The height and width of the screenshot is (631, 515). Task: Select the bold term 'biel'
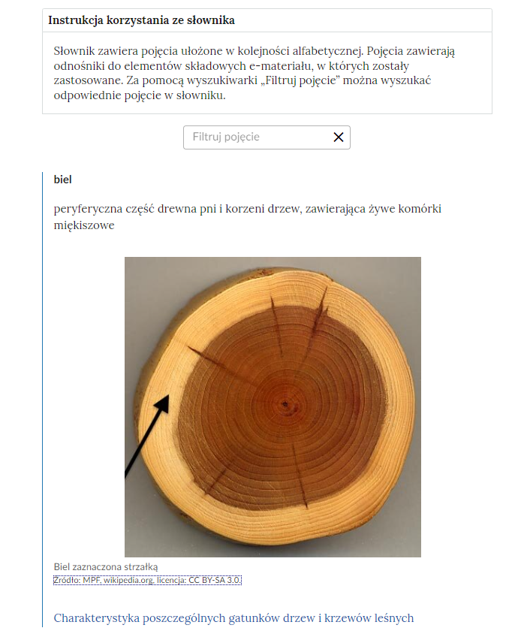[63, 180]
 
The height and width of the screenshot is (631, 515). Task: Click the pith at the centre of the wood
[286, 405]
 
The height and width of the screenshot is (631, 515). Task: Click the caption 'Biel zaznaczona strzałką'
[106, 566]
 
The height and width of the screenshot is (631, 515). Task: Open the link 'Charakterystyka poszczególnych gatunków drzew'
[233, 618]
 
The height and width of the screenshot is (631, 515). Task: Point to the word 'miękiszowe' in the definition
[84, 225]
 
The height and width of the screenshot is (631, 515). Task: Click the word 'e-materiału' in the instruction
[279, 66]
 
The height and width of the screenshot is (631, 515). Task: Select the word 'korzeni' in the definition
[259, 209]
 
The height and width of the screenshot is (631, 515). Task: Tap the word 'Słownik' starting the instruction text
[75, 52]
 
